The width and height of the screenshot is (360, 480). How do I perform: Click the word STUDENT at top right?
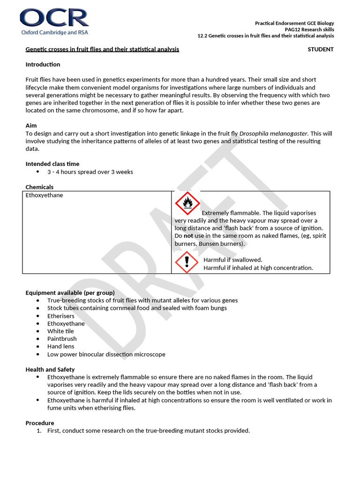(x=321, y=49)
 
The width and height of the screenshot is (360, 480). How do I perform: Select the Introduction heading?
(x=43, y=64)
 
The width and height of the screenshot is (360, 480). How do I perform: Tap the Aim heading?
(x=31, y=126)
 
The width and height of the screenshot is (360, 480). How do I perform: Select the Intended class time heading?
(x=52, y=164)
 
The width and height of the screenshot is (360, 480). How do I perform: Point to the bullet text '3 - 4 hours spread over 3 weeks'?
(x=90, y=172)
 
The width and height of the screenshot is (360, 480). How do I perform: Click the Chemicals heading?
(x=39, y=187)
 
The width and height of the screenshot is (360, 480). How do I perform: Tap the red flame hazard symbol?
(x=187, y=203)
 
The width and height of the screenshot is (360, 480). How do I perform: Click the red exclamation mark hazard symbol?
(x=187, y=262)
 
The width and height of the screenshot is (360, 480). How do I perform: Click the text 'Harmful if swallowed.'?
(x=232, y=260)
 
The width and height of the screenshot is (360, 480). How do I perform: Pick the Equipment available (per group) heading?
(x=70, y=292)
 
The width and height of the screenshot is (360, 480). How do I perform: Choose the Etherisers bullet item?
(x=61, y=316)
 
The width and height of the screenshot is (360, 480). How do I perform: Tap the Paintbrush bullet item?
(x=62, y=339)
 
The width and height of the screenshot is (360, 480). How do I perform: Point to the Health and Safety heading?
(x=50, y=369)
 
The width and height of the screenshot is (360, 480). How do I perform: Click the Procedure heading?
(x=39, y=423)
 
